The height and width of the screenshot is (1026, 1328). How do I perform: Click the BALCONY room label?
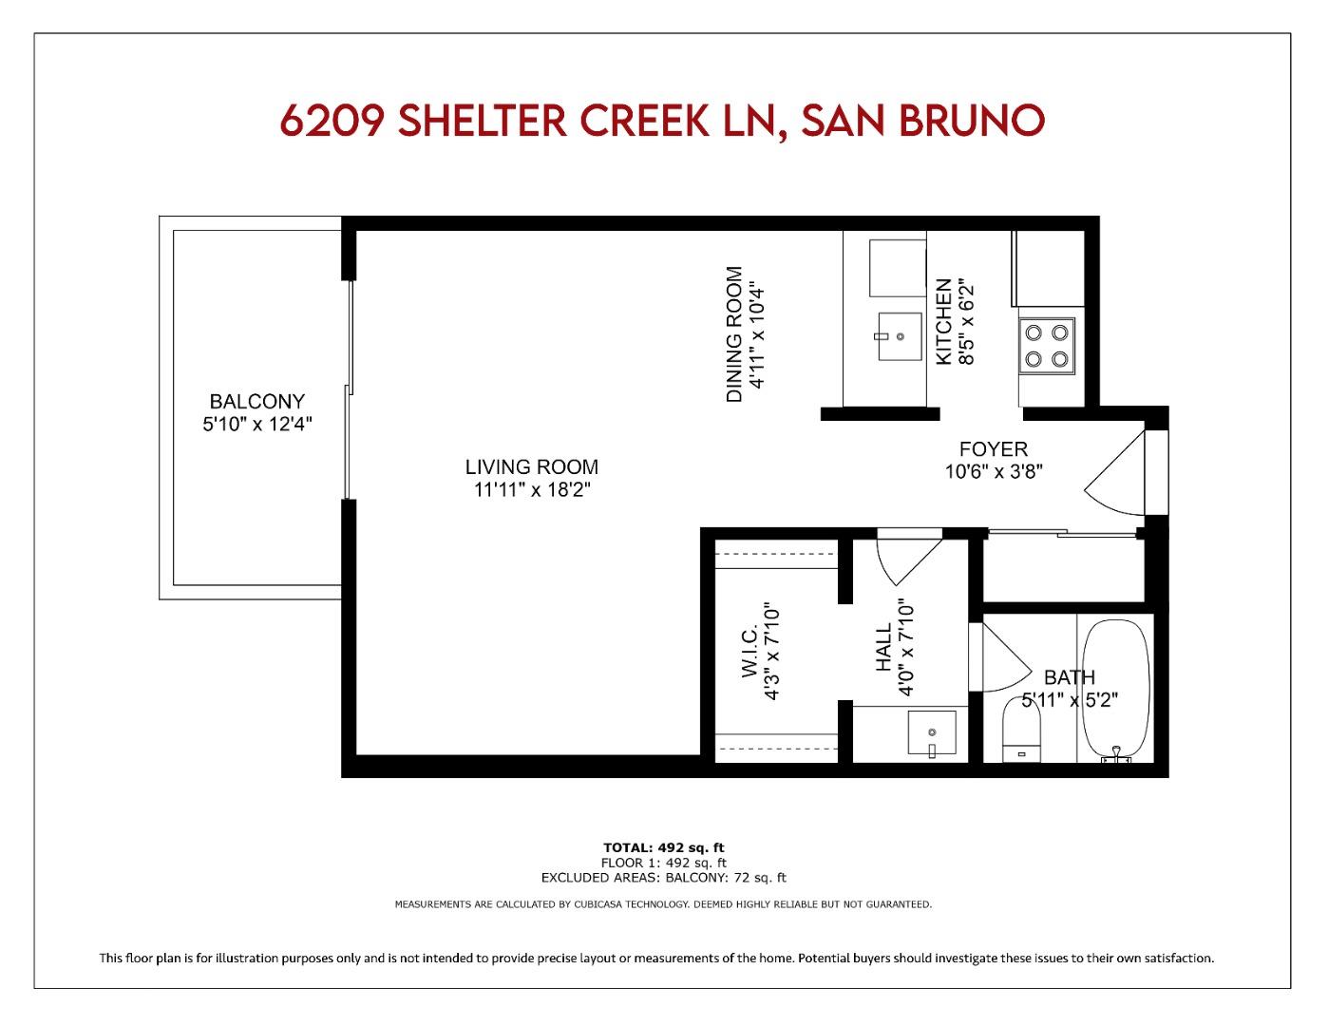pyautogui.click(x=256, y=402)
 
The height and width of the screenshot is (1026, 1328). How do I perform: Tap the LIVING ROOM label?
pyautogui.click(x=531, y=467)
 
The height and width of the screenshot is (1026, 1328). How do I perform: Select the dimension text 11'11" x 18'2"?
pyautogui.click(x=531, y=490)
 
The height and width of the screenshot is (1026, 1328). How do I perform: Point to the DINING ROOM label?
pyautogui.click(x=734, y=334)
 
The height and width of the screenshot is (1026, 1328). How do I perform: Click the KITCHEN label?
pyautogui.click(x=943, y=321)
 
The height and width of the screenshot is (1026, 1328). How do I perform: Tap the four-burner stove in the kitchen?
pyautogui.click(x=1046, y=347)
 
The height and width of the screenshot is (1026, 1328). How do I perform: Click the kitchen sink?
pyautogui.click(x=899, y=336)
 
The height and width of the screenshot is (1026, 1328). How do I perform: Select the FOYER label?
pyautogui.click(x=993, y=449)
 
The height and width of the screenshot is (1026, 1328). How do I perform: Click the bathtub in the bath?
pyautogui.click(x=1115, y=686)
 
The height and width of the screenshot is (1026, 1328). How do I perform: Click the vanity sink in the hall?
pyautogui.click(x=932, y=733)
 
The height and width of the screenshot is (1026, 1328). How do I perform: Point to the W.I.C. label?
pyautogui.click(x=749, y=652)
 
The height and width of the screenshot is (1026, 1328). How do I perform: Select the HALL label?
pyautogui.click(x=883, y=648)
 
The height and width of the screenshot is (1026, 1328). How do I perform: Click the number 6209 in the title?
pyautogui.click(x=332, y=121)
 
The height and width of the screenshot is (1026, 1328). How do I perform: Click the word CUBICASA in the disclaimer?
pyautogui.click(x=598, y=904)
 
